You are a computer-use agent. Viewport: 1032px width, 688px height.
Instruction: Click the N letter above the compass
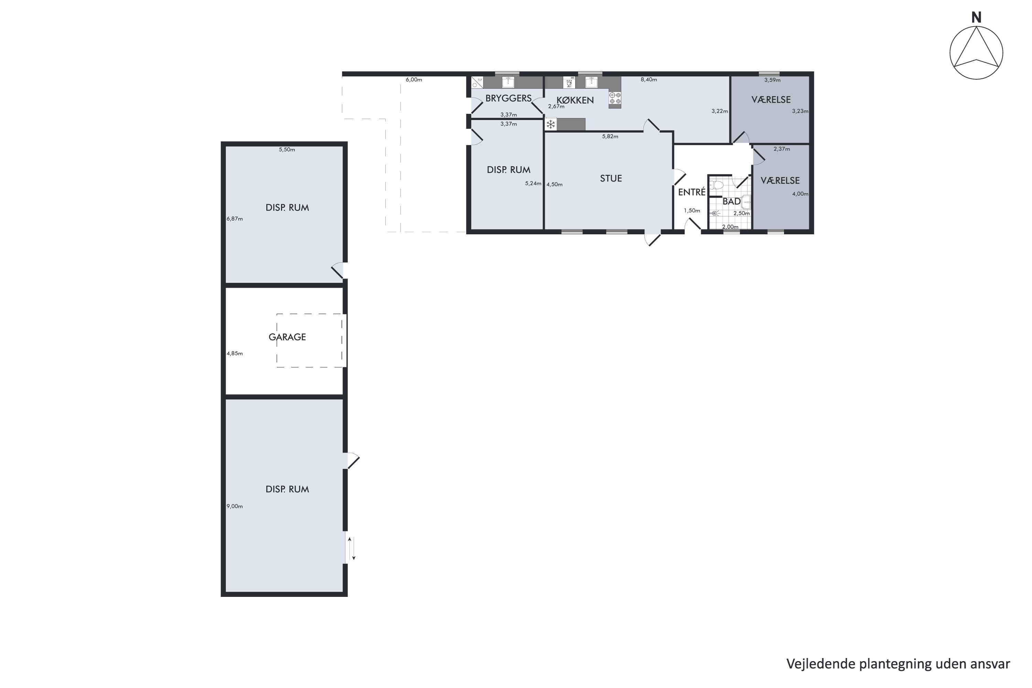point(976,18)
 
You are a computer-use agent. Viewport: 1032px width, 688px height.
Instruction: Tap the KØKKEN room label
point(575,100)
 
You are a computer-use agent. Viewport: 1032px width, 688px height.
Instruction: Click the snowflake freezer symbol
point(551,125)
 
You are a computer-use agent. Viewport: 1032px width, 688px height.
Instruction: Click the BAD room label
point(731,201)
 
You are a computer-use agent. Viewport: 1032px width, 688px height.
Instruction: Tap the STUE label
point(611,178)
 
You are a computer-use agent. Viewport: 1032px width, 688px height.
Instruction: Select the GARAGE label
point(287,337)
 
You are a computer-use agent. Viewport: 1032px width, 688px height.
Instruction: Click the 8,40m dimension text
point(648,80)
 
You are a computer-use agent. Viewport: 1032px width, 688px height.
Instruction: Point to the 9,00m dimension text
point(234,506)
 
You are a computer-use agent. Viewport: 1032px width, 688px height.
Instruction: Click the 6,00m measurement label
point(414,80)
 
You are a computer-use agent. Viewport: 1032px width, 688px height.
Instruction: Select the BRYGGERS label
point(508,98)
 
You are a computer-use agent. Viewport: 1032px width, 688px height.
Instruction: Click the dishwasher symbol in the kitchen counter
point(569,82)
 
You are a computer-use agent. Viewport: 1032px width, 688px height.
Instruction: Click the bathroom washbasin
point(746,202)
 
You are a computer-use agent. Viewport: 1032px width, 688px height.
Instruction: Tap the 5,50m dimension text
point(287,150)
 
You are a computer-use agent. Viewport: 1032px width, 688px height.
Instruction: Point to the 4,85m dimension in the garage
point(234,353)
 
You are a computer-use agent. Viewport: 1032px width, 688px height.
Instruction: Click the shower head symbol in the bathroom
point(714,213)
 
